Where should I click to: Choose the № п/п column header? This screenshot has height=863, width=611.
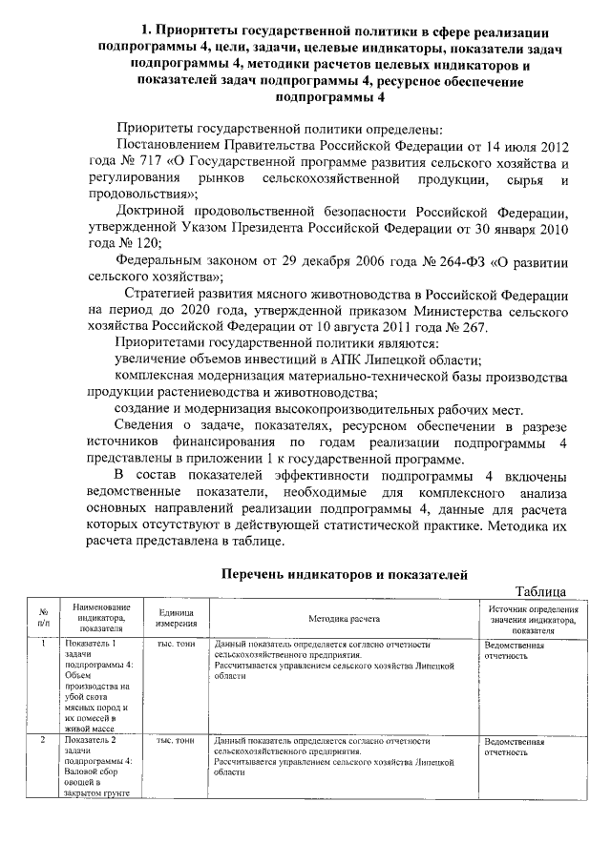click(44, 617)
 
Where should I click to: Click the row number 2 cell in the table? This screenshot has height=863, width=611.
click(44, 740)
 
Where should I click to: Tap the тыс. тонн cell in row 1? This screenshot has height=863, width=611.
click(176, 645)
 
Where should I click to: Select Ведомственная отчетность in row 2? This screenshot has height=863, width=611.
click(514, 746)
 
